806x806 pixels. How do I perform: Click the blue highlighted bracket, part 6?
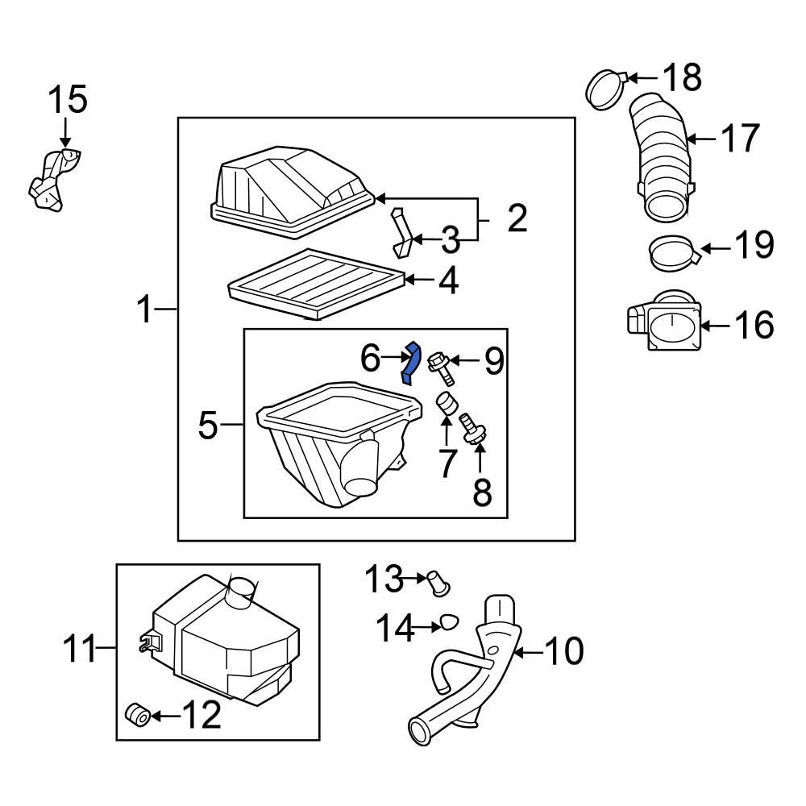pyautogui.click(x=412, y=363)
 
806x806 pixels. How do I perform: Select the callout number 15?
pyautogui.click(x=68, y=101)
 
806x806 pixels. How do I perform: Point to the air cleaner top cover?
pyautogui.click(x=290, y=189)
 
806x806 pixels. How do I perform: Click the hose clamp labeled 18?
pyautogui.click(x=604, y=89)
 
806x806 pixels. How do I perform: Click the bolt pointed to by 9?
pyautogui.click(x=442, y=368)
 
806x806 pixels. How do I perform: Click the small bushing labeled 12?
pyautogui.click(x=138, y=714)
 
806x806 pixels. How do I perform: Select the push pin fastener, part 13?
pyautogui.click(x=438, y=581)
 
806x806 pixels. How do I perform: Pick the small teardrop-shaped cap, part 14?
pyautogui.click(x=447, y=623)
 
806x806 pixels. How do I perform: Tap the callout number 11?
pyautogui.click(x=81, y=649)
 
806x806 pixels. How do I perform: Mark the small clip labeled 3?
pyautogui.click(x=401, y=232)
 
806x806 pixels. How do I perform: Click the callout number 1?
pyautogui.click(x=144, y=309)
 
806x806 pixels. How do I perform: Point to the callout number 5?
pyautogui.click(x=208, y=425)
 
